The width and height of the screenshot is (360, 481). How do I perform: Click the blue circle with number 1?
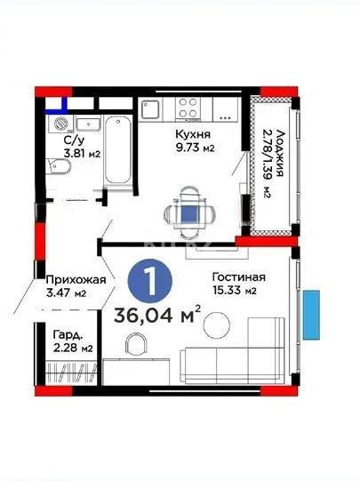click(x=152, y=279)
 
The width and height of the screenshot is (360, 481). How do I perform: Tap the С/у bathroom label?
click(x=73, y=140)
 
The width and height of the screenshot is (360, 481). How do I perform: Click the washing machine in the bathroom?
click(x=60, y=124)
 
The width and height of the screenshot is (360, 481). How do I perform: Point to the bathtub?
click(x=118, y=149)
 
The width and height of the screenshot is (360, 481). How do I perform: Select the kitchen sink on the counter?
click(x=150, y=109)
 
